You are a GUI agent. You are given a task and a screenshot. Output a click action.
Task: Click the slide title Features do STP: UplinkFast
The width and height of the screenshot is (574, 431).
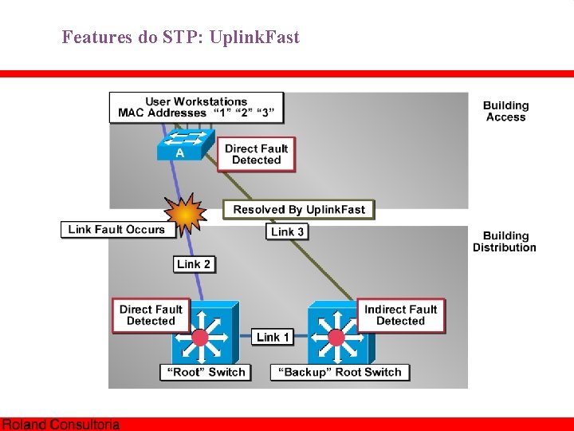pyautogui.click(x=180, y=37)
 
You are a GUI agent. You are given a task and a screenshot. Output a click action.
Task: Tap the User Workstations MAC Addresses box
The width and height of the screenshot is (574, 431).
pyautogui.click(x=196, y=107)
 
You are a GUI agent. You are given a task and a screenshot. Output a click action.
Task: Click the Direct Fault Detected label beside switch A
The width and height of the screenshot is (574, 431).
pyautogui.click(x=256, y=154)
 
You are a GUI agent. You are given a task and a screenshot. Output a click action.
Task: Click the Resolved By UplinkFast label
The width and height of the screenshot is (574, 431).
pyautogui.click(x=298, y=209)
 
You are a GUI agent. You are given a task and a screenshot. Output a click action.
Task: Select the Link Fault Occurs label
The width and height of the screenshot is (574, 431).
pyautogui.click(x=116, y=229)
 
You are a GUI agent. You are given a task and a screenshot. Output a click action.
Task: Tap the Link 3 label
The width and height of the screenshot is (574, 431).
pyautogui.click(x=288, y=231)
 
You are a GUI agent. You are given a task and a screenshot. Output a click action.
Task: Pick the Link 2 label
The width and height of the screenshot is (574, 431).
pyautogui.click(x=194, y=264)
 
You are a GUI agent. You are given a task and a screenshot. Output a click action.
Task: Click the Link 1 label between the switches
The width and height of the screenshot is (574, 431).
pyautogui.click(x=273, y=337)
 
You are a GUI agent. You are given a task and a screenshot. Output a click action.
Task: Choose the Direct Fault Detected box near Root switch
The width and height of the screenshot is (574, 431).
pyautogui.click(x=151, y=314)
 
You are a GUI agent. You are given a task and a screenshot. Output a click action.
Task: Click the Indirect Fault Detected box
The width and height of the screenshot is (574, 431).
pyautogui.click(x=400, y=314)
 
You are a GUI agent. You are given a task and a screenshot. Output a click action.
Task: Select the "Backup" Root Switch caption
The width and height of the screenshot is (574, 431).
pyautogui.click(x=340, y=372)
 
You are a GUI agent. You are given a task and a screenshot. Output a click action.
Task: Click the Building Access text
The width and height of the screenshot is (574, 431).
pyautogui.click(x=505, y=111)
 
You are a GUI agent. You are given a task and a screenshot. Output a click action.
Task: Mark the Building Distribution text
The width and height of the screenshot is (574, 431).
pyautogui.click(x=505, y=241)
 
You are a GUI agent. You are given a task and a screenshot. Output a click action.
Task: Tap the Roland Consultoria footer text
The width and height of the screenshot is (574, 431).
pyautogui.click(x=61, y=425)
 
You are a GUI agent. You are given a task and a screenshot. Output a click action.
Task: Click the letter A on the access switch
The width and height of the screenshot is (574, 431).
pyautogui.click(x=179, y=152)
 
